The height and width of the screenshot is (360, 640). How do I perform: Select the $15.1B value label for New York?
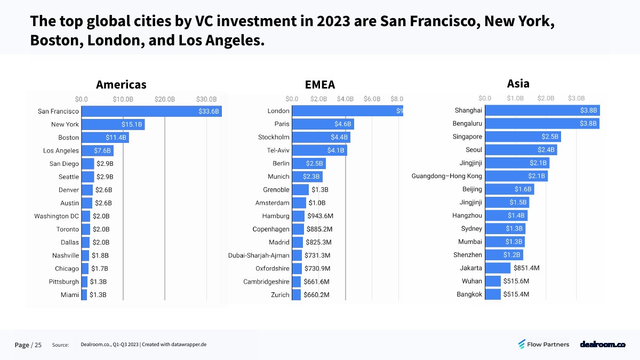tap(131, 124)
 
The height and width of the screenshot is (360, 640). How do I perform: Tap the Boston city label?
tap(69, 138)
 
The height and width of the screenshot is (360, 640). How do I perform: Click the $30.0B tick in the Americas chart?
tap(206, 99)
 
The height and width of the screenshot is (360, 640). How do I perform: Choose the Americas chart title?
tap(121, 84)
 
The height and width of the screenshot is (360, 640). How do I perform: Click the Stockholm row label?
tap(274, 137)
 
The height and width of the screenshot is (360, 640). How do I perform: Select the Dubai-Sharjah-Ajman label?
tap(259, 255)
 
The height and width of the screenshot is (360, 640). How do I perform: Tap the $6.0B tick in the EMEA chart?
tap(372, 99)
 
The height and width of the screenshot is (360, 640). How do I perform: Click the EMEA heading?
tap(320, 84)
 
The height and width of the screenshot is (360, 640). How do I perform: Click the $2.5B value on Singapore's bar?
tap(550, 137)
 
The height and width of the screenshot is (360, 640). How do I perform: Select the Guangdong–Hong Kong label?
tap(447, 176)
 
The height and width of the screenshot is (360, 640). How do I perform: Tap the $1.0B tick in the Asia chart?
tap(515, 98)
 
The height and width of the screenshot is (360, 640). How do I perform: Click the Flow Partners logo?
tap(543, 345)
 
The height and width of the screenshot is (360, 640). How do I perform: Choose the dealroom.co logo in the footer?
tap(603, 345)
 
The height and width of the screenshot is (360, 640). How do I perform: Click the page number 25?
tap(38, 345)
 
